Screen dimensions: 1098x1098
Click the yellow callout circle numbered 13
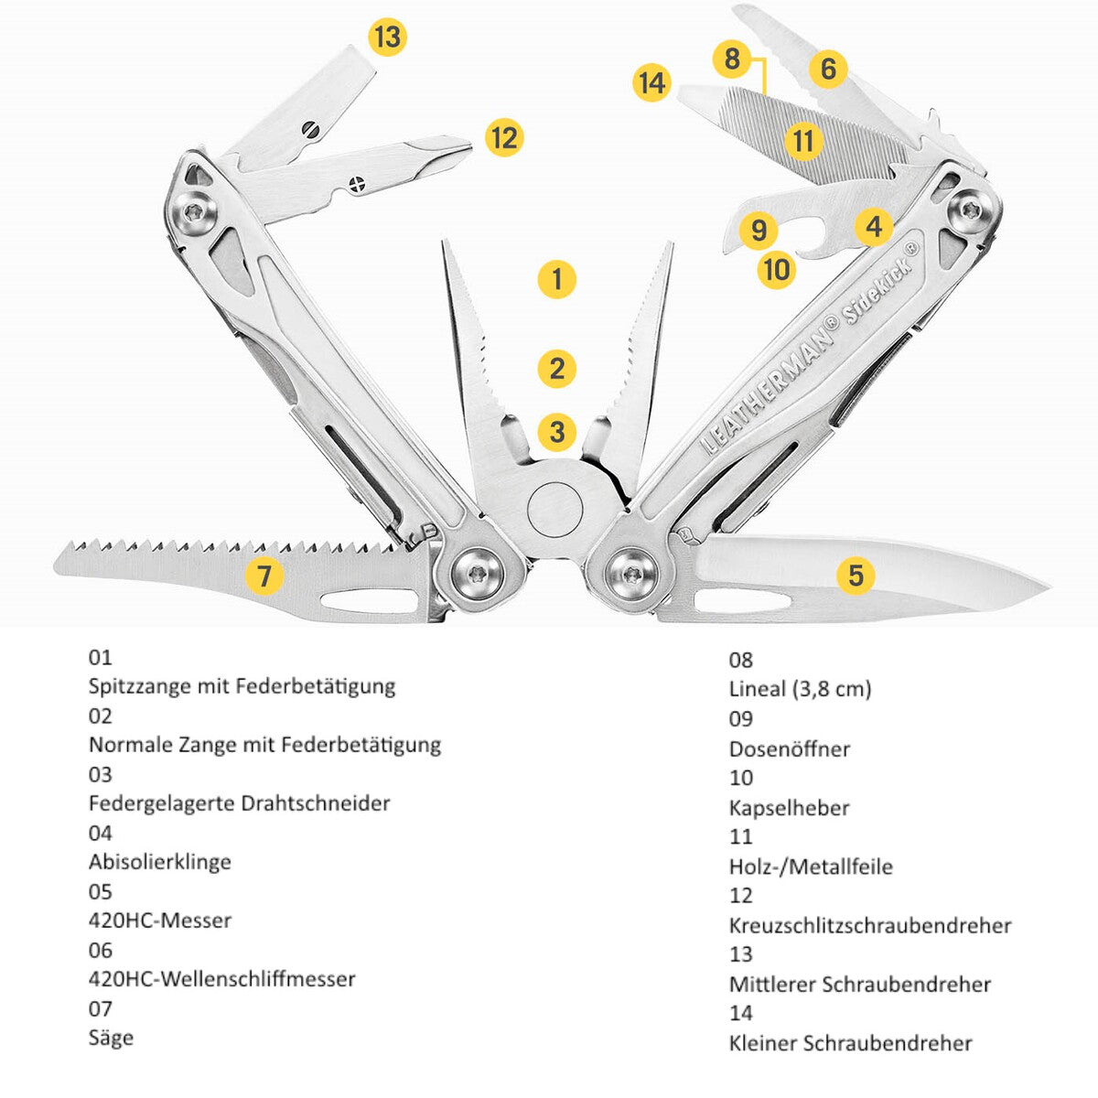pyautogui.click(x=387, y=37)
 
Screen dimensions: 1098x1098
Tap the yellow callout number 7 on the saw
pyautogui.click(x=264, y=576)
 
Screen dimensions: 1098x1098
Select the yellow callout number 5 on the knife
pyautogui.click(x=856, y=575)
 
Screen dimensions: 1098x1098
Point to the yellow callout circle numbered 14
pyautogui.click(x=651, y=82)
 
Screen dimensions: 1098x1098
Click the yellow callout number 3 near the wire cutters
pyautogui.click(x=556, y=431)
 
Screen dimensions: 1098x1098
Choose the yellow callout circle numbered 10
pyautogui.click(x=777, y=269)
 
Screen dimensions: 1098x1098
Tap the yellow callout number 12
pyautogui.click(x=504, y=138)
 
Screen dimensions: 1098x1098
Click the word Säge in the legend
pyautogui.click(x=111, y=1039)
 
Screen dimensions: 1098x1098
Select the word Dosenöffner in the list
pyautogui.click(x=789, y=748)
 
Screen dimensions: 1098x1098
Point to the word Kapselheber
pyautogui.click(x=789, y=808)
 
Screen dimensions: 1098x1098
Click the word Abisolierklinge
pyautogui.click(x=159, y=861)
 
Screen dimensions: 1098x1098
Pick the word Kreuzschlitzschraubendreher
pyautogui.click(x=870, y=925)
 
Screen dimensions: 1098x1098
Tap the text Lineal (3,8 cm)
pyautogui.click(x=800, y=690)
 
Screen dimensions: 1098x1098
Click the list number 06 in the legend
pyautogui.click(x=101, y=950)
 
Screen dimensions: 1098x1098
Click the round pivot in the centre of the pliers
pyautogui.click(x=554, y=509)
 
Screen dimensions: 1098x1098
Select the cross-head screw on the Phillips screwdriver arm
pyautogui.click(x=358, y=184)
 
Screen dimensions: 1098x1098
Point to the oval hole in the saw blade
pyautogui.click(x=368, y=600)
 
